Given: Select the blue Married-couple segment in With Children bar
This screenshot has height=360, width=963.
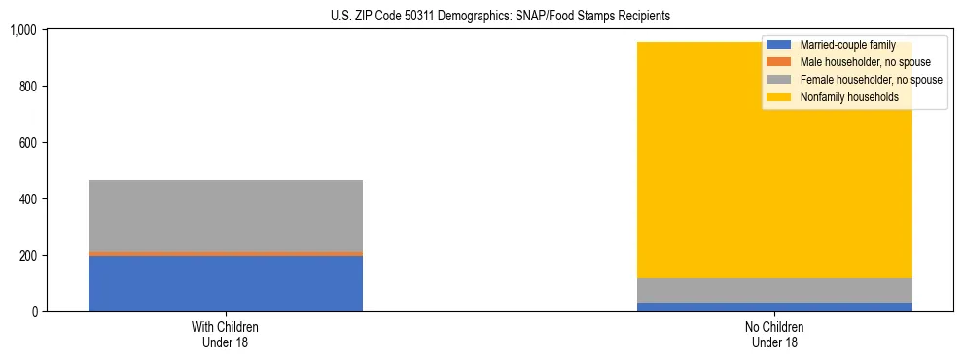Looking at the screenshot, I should click(226, 283).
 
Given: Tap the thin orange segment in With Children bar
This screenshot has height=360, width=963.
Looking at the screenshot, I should click(226, 253).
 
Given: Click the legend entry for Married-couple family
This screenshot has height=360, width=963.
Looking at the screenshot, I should click(847, 45).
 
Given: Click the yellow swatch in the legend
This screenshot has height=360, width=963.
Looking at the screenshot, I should click(779, 97).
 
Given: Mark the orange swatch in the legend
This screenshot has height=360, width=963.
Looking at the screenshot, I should click(779, 62).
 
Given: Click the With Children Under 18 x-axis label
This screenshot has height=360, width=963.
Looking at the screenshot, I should click(226, 335).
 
